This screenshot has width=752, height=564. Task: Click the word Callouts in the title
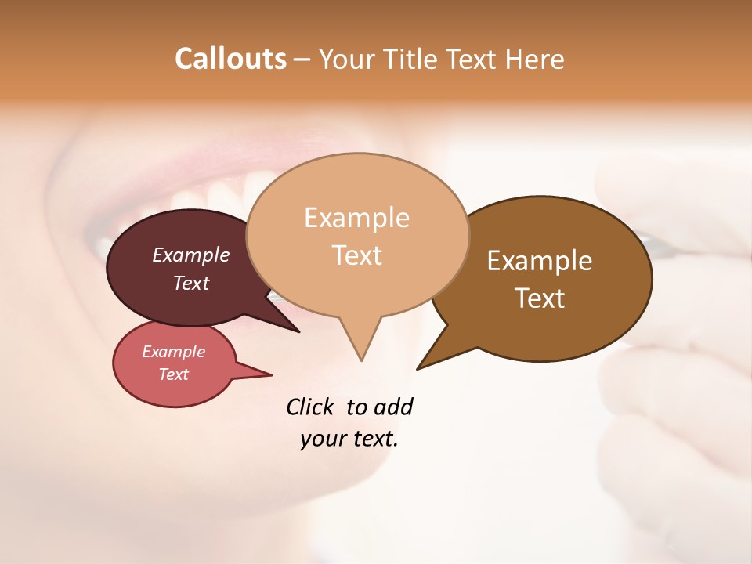tap(230, 59)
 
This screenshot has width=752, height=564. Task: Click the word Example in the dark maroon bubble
tap(191, 255)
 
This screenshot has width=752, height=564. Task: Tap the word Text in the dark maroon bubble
tap(191, 283)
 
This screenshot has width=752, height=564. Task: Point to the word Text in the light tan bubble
tap(356, 255)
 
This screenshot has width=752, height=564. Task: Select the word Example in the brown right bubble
tap(540, 261)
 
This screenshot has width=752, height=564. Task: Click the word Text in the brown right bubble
tap(540, 298)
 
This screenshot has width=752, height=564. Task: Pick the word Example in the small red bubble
tap(174, 352)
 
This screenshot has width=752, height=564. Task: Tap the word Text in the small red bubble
tap(174, 374)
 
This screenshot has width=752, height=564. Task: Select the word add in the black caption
tap(392, 407)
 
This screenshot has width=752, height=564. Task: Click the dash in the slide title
tap(302, 60)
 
